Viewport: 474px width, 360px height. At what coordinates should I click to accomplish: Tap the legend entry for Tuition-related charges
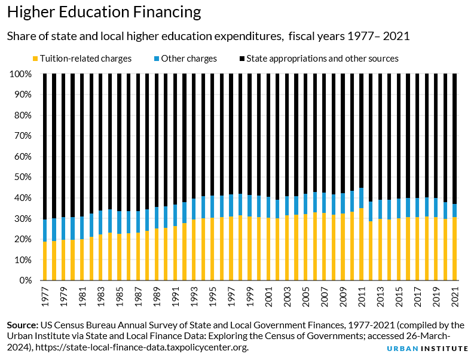point(82,59)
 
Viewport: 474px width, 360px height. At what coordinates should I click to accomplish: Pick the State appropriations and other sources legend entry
point(319,59)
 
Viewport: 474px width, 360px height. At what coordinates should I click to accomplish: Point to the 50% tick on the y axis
point(24,177)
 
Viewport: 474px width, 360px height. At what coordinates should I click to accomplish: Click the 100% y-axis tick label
point(22,74)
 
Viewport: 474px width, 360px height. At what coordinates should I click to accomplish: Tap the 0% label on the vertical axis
point(26,280)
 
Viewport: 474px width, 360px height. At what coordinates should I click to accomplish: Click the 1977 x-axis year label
point(44,295)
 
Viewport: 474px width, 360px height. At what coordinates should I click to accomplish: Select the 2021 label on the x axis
point(455,295)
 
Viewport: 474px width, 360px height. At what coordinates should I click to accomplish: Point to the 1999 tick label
point(249,295)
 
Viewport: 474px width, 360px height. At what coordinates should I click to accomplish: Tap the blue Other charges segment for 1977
point(44,230)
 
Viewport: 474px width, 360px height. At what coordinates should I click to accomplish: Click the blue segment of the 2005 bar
point(305,204)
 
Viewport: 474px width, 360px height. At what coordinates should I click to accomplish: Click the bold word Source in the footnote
point(22,325)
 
